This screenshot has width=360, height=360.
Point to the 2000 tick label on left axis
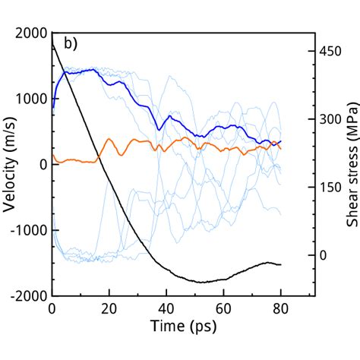(x=31, y=33)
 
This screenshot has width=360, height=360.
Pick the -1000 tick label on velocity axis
(x=29, y=230)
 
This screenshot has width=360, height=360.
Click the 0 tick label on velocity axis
(x=42, y=165)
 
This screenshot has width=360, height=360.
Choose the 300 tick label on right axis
(x=328, y=119)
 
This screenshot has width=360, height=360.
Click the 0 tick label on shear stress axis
(x=322, y=254)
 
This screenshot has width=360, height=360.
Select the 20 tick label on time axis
(x=109, y=309)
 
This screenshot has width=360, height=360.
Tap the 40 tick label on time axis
(x=166, y=309)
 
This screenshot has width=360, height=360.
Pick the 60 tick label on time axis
(x=223, y=309)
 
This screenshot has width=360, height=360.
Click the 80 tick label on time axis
(x=281, y=309)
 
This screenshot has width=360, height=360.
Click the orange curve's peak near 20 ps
(x=109, y=140)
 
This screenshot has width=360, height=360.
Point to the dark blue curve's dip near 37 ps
(x=159, y=129)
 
